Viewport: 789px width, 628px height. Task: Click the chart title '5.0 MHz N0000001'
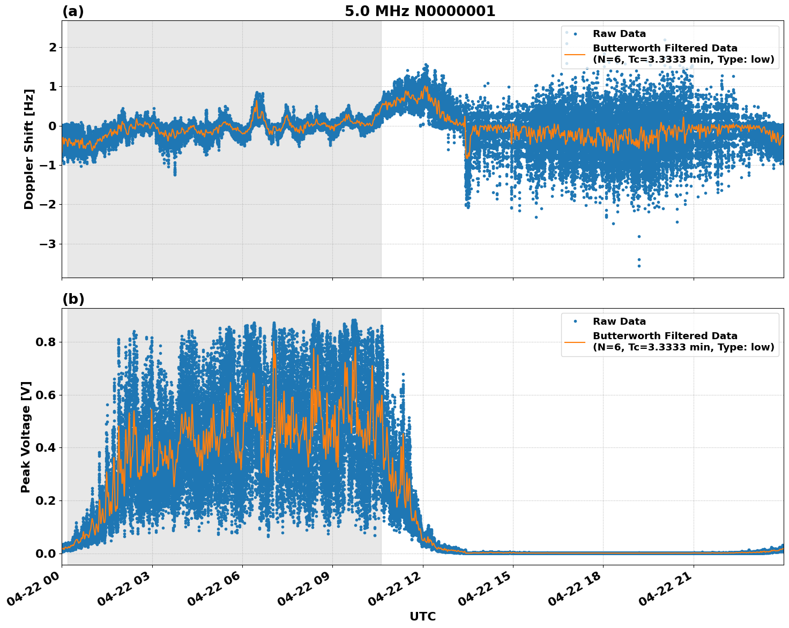pyautogui.click(x=420, y=11)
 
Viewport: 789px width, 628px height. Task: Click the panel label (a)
pyautogui.click(x=73, y=11)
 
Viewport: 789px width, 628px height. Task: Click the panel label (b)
pyautogui.click(x=73, y=299)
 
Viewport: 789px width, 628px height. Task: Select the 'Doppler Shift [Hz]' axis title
pyautogui.click(x=29, y=149)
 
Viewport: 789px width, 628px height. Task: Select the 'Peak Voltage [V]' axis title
pyautogui.click(x=26, y=437)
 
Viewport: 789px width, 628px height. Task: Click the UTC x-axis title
pyautogui.click(x=422, y=616)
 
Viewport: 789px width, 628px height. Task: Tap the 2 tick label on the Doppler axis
pyautogui.click(x=53, y=48)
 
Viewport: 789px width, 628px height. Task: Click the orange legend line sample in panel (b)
pyautogui.click(x=575, y=341)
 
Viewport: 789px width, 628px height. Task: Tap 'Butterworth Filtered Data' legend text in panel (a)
pyautogui.click(x=665, y=48)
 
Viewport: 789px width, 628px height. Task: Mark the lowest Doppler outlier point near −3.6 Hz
pyautogui.click(x=638, y=266)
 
